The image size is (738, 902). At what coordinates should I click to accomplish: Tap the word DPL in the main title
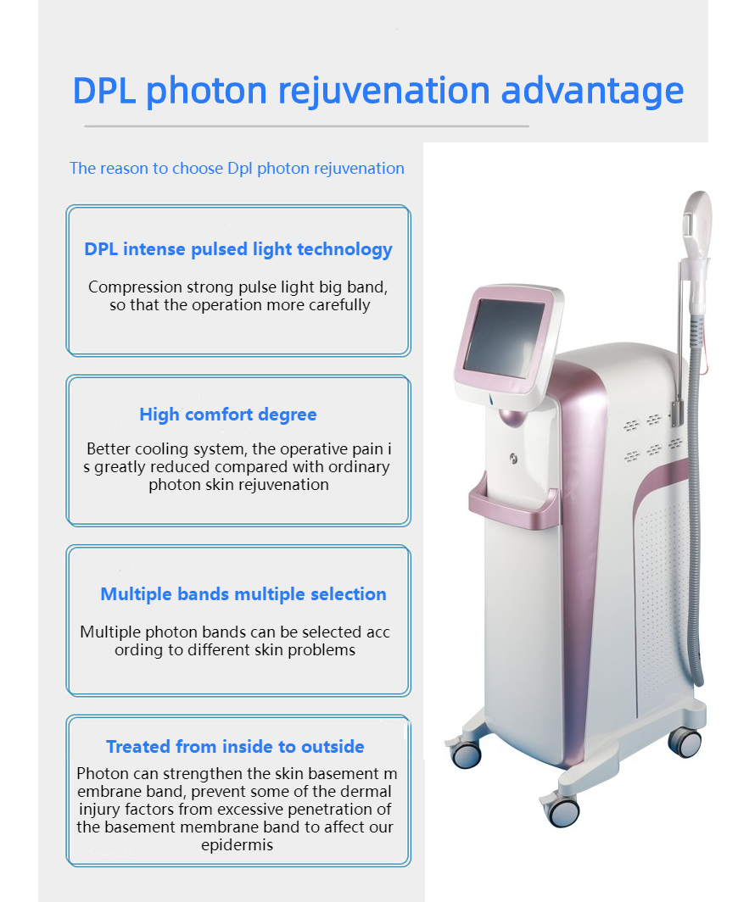(104, 91)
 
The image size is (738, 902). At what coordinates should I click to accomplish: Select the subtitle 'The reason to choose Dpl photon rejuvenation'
(237, 168)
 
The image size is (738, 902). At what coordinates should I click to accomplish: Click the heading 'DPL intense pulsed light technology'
(238, 249)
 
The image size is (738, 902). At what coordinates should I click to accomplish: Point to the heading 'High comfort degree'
(228, 415)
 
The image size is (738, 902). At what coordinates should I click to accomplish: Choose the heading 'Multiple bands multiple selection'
(243, 593)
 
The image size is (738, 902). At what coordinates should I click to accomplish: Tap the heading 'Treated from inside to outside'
(235, 746)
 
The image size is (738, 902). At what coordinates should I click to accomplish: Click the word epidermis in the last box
(238, 845)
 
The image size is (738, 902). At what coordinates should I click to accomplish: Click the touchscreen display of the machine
(504, 337)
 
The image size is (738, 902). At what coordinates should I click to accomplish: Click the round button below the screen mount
(513, 459)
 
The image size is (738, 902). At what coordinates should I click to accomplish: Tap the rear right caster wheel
(685, 741)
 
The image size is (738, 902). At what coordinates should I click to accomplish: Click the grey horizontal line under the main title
(306, 126)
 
